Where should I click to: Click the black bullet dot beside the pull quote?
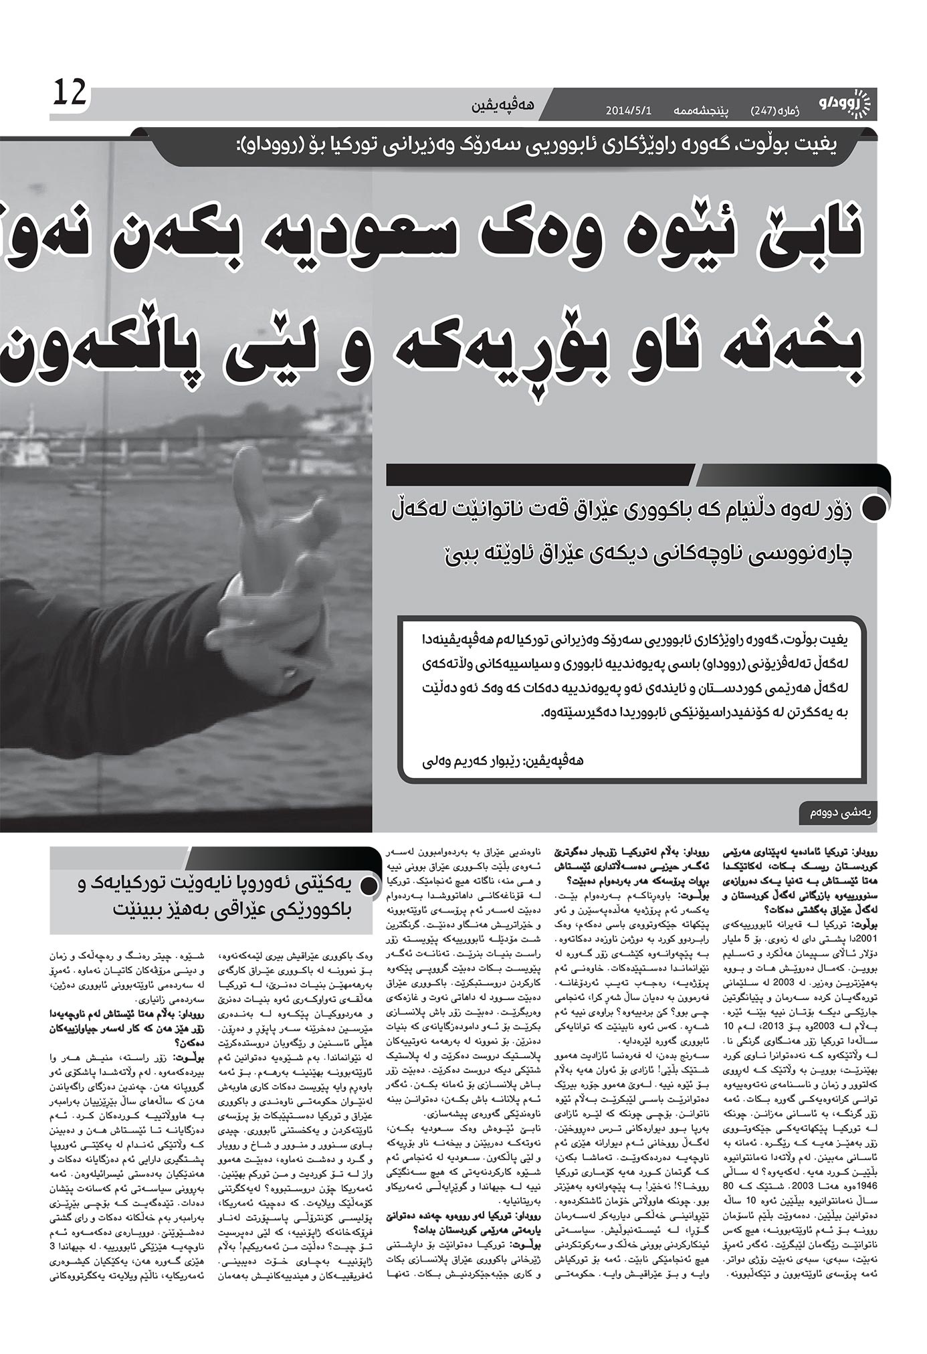pos(873,508)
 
